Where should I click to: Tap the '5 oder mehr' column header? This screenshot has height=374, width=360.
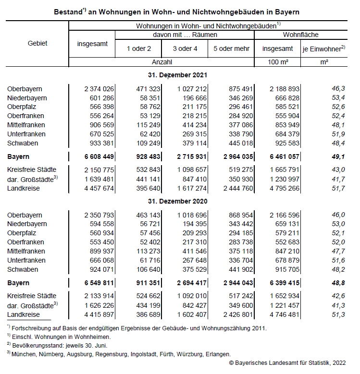[x=231, y=48]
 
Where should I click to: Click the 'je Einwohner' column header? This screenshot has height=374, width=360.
[x=323, y=48]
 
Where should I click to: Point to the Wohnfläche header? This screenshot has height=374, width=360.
[x=301, y=35]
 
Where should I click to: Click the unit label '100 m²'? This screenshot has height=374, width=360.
[x=277, y=62]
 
